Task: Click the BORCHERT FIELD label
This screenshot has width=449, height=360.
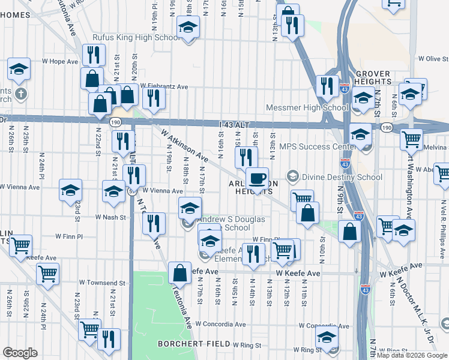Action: click(194, 344)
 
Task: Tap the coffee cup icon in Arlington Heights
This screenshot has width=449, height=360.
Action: click(257, 179)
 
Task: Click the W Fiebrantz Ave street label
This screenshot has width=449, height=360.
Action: click(164, 86)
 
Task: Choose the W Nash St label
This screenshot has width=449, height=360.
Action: click(110, 217)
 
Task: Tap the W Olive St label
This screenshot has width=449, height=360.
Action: click(433, 59)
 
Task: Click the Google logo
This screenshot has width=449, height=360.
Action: click(20, 353)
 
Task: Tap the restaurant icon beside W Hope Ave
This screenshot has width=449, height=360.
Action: click(92, 55)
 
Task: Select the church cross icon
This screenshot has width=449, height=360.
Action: click(21, 94)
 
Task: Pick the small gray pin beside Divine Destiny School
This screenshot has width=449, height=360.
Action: click(292, 177)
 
